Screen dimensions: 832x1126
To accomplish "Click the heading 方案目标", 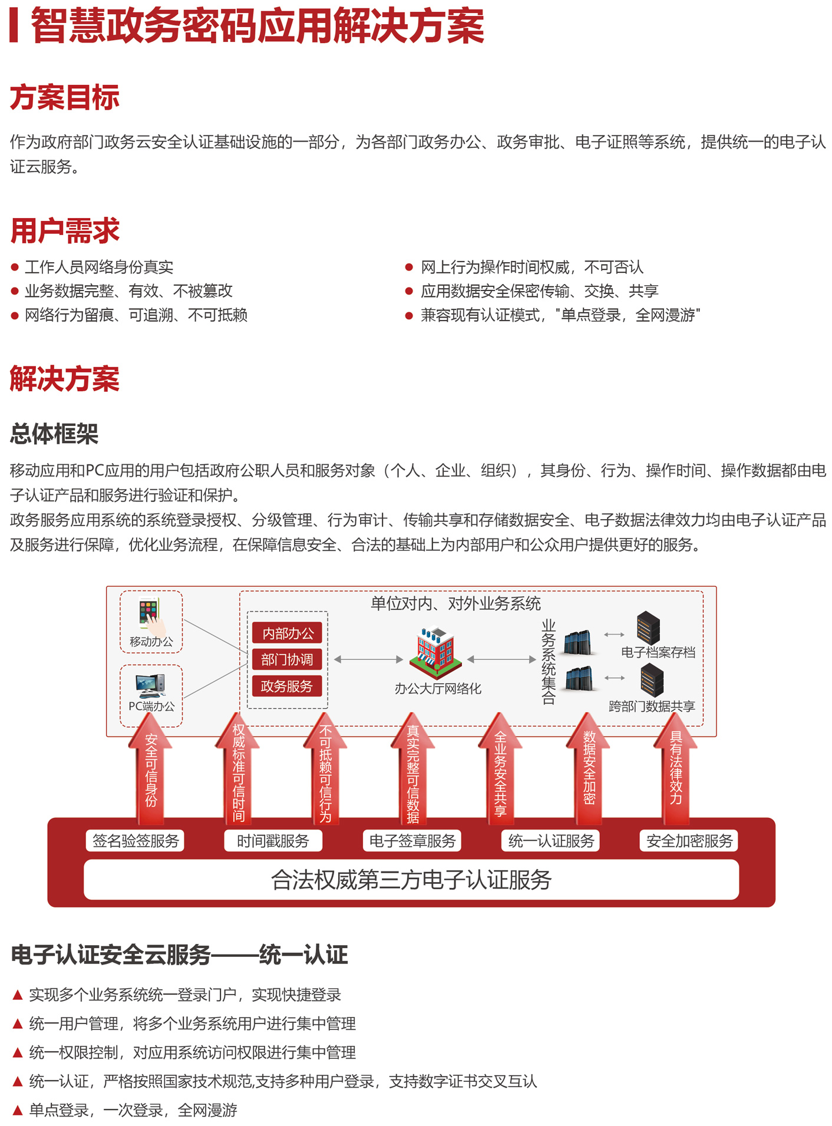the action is (65, 97).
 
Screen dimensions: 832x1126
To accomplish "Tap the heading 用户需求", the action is (65, 230).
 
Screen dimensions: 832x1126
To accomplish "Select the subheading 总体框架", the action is (54, 434).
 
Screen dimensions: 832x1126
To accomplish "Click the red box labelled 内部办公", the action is (288, 633).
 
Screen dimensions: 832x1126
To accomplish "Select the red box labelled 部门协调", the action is (288, 659).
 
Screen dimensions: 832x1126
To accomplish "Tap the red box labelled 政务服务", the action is (288, 686).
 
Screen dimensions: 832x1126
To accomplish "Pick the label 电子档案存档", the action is (658, 652).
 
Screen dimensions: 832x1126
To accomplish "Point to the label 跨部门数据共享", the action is (652, 706).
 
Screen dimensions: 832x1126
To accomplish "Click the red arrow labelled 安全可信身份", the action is (151, 768).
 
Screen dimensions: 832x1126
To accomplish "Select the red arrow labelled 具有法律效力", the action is (676, 768).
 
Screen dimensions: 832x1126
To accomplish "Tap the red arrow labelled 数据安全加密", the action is (589, 768).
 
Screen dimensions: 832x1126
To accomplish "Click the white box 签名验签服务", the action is (136, 841).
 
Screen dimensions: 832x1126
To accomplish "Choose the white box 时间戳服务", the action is (273, 841).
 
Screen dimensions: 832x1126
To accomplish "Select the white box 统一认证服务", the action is (550, 841).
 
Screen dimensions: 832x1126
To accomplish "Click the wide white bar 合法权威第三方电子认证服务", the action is (411, 880).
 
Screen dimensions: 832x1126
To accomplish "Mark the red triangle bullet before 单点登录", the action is (18, 1110).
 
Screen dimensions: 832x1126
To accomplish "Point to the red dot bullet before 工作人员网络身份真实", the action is (15, 268).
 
